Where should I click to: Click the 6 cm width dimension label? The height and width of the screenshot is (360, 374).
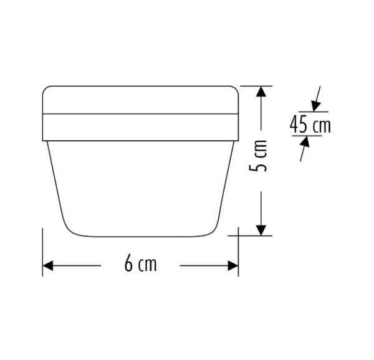click(x=140, y=264)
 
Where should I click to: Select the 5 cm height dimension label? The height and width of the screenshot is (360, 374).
click(x=258, y=156)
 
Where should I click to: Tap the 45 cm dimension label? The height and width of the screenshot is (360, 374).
click(x=310, y=124)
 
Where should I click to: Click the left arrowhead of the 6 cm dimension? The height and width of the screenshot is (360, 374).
click(x=48, y=266)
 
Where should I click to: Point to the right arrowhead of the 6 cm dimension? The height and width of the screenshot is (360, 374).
click(x=233, y=266)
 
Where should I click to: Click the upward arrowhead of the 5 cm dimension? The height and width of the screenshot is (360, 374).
click(x=261, y=92)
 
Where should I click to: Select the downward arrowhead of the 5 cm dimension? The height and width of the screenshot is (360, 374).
click(x=261, y=230)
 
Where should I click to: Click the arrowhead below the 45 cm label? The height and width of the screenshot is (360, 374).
click(x=305, y=141)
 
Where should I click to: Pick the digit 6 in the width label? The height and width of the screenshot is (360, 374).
click(x=128, y=264)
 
